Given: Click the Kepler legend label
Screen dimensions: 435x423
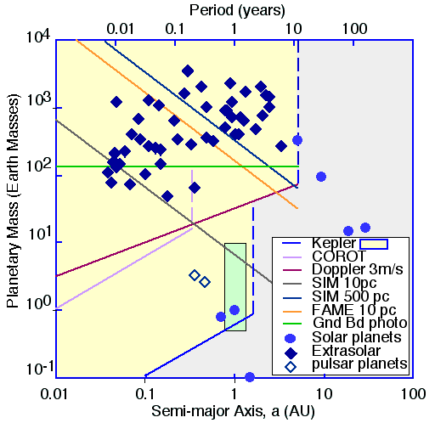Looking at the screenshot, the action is (x=334, y=243).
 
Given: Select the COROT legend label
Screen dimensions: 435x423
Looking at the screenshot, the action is (x=339, y=257).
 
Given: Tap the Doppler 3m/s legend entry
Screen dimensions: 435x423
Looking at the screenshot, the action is (x=358, y=269).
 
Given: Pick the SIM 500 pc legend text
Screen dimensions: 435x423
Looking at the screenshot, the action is (x=351, y=296).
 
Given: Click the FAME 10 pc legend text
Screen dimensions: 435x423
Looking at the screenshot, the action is (x=354, y=310).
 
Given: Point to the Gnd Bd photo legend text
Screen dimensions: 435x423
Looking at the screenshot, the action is (x=360, y=323).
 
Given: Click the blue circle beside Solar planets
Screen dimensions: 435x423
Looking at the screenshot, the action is (x=291, y=338).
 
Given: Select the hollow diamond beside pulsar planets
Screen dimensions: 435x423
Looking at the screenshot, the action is (x=291, y=367).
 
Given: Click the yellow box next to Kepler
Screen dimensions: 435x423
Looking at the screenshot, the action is (x=374, y=244).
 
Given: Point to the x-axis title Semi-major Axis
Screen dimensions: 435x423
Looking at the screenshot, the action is (x=234, y=411).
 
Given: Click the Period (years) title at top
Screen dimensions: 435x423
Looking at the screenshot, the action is (x=237, y=10).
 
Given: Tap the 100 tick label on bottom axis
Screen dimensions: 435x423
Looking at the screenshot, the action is (x=413, y=394).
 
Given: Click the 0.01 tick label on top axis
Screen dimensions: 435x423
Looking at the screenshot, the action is (x=121, y=29).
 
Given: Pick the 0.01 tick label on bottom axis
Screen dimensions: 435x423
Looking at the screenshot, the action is (x=54, y=394).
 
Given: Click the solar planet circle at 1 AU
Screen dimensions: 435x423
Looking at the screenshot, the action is (x=234, y=310).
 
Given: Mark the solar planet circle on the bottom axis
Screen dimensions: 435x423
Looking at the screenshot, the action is (x=250, y=377).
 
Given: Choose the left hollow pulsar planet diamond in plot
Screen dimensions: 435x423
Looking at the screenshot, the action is (x=195, y=275).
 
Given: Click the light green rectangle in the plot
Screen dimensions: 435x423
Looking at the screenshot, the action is (x=235, y=287).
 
